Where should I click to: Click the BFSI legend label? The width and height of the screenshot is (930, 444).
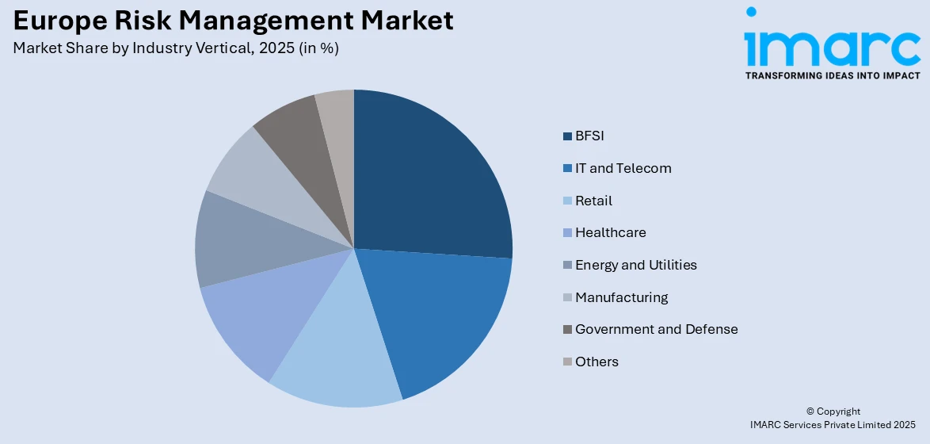[x=589, y=136]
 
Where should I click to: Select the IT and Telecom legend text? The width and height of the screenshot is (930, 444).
[x=623, y=168]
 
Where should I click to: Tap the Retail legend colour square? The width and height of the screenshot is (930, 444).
[x=567, y=201]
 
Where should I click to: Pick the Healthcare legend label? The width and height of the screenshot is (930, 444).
[x=610, y=232]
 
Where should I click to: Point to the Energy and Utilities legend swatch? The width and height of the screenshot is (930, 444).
[x=567, y=266]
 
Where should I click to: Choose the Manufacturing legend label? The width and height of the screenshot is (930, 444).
[x=621, y=297]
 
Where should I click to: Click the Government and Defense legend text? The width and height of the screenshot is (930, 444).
[x=656, y=329]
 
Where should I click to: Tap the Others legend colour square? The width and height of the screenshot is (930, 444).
[x=567, y=362]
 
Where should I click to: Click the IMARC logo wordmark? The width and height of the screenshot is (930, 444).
[x=832, y=48]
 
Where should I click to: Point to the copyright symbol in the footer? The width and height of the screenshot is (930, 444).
[x=811, y=411]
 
